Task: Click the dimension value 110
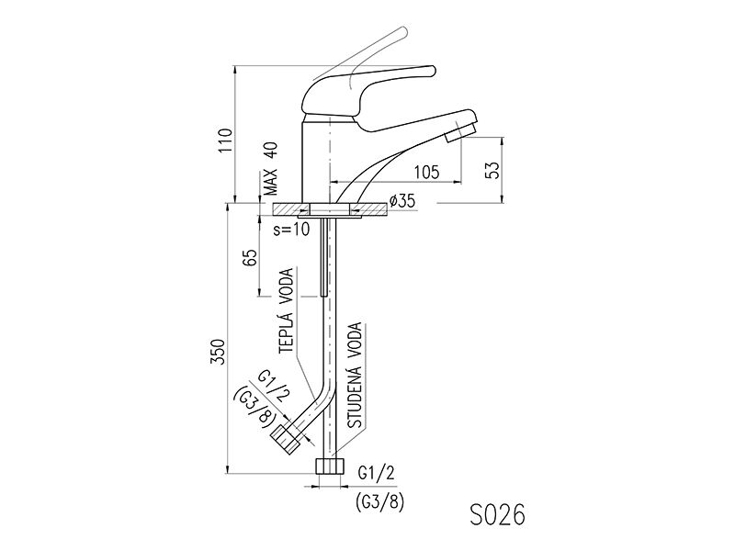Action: [225, 140]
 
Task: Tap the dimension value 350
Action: [218, 352]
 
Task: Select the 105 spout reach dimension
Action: [426, 172]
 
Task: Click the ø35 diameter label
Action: [401, 201]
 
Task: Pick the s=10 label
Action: [291, 229]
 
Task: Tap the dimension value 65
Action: [251, 258]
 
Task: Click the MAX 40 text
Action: [270, 169]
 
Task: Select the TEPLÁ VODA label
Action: [286, 310]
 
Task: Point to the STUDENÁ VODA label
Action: [356, 376]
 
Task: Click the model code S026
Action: [497, 515]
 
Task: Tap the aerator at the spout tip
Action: [461, 131]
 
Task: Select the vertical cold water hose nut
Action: [330, 467]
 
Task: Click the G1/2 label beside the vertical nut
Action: [376, 474]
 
